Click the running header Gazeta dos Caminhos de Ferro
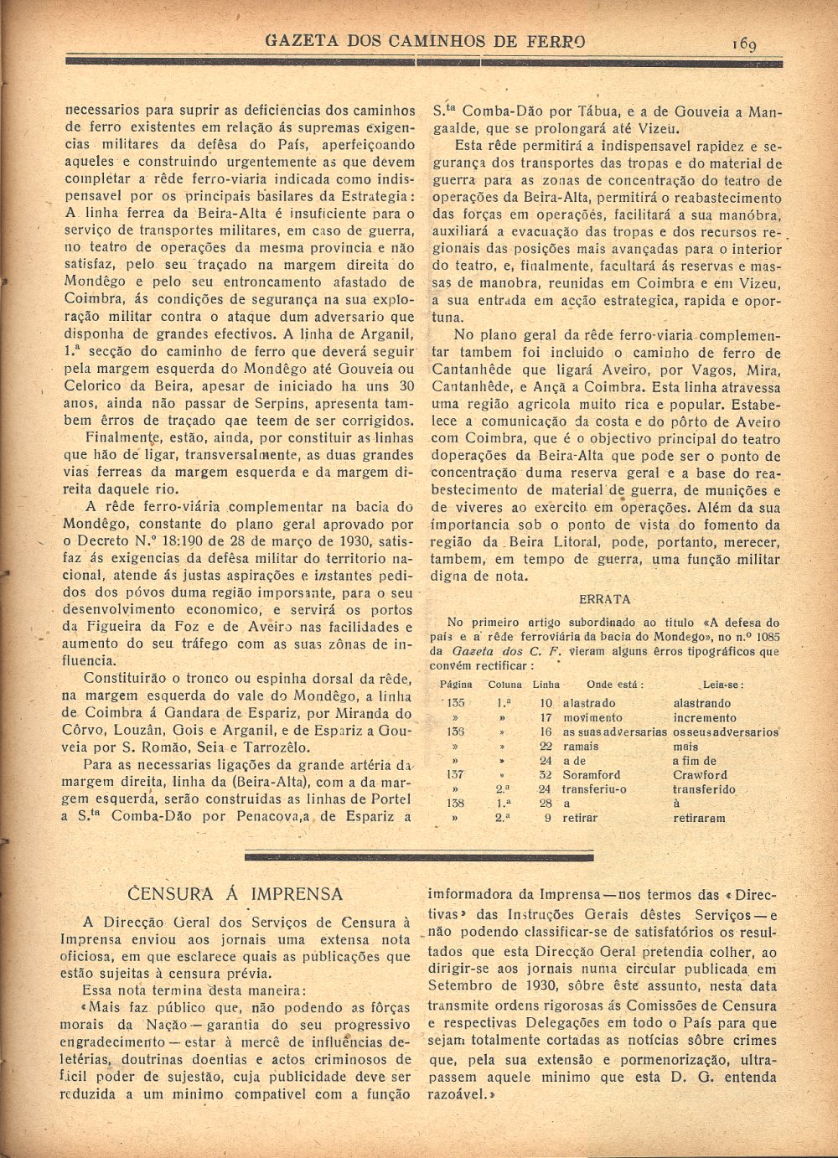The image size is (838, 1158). click(425, 41)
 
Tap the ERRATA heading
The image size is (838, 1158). click(605, 599)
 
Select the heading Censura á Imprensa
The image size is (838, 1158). click(238, 893)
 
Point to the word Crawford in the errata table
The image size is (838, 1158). click(700, 775)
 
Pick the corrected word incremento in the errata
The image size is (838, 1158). click(705, 718)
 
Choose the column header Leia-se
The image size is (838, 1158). click(724, 685)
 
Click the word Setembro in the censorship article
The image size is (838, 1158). click(465, 985)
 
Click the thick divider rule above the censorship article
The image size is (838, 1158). click(420, 856)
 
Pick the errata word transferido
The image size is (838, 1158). click(704, 789)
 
